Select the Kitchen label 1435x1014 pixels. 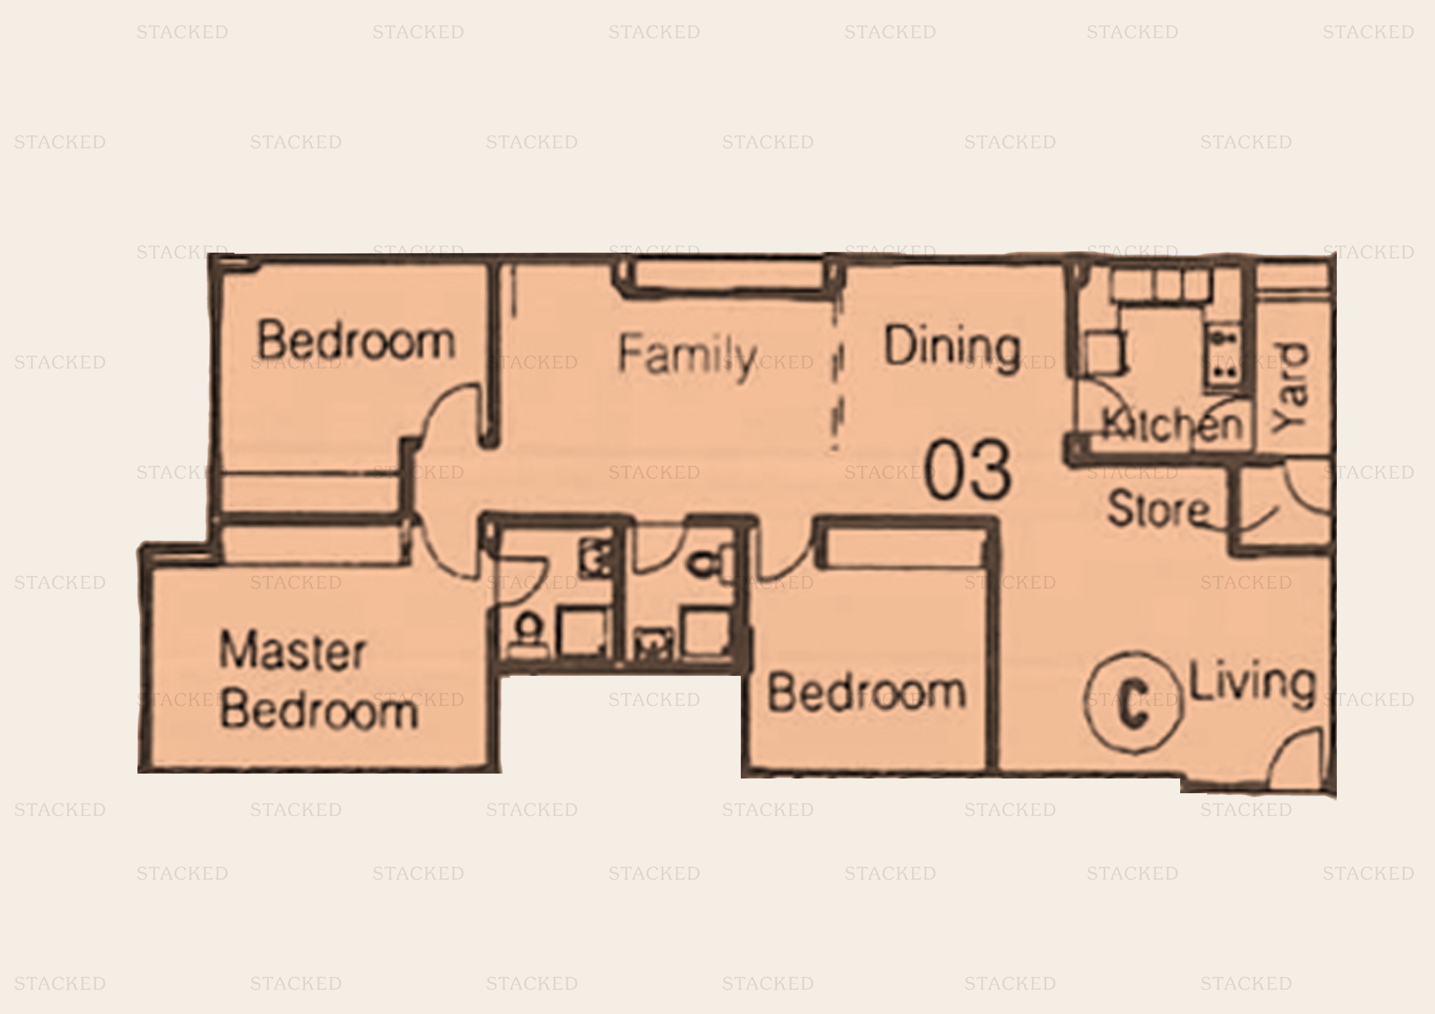coord(1171,425)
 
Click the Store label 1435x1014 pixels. coord(1158,509)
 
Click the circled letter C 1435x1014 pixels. coord(1133,702)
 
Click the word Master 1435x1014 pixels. coord(292,651)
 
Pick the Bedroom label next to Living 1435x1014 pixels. coord(867,692)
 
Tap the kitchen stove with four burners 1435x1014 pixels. coord(1223,356)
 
